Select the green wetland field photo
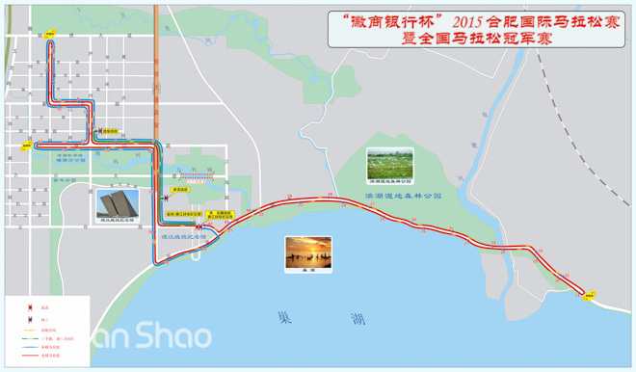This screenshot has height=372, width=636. coord(389,162)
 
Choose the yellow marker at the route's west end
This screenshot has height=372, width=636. coord(24,147)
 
